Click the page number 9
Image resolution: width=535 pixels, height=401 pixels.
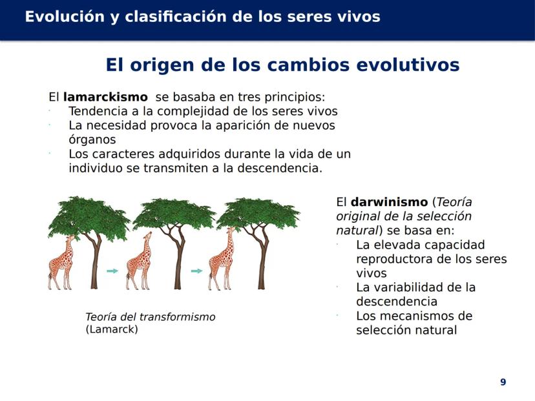(x=503, y=382)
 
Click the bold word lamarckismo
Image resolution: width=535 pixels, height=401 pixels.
(x=105, y=97)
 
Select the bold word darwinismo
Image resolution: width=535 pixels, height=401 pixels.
(x=389, y=202)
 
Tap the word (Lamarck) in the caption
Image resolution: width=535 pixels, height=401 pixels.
(x=112, y=329)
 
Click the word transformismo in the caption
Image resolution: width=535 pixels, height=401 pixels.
(x=178, y=317)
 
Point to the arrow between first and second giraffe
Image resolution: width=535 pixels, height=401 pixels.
(x=112, y=271)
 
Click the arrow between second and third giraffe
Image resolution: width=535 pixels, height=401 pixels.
(x=196, y=271)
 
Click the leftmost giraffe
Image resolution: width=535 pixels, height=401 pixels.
(x=62, y=263)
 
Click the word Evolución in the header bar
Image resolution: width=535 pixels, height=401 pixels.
(x=65, y=16)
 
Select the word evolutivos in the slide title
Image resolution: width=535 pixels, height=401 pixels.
(x=408, y=65)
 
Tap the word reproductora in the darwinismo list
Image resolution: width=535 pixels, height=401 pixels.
(x=394, y=260)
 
